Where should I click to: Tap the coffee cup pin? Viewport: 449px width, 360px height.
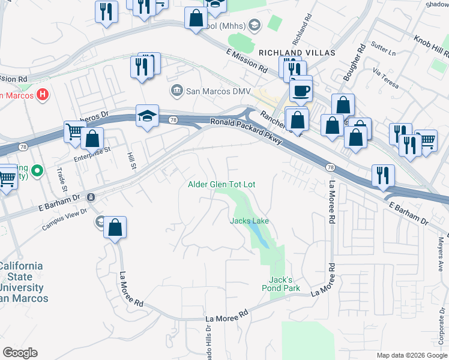coord(300,91)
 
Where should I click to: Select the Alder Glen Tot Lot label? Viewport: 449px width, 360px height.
coord(221,185)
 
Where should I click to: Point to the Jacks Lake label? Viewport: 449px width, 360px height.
coord(249,221)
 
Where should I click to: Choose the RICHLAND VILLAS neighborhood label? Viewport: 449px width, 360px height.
coord(297,53)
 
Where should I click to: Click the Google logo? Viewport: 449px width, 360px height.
coord(20,353)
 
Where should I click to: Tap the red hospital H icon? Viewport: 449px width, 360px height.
coord(42,94)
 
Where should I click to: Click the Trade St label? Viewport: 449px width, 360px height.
coord(60,176)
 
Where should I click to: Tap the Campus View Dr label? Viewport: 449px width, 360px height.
coord(64,222)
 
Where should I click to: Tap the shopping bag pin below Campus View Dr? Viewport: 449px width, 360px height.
coord(115,228)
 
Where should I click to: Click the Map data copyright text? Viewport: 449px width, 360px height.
coord(411,355)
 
